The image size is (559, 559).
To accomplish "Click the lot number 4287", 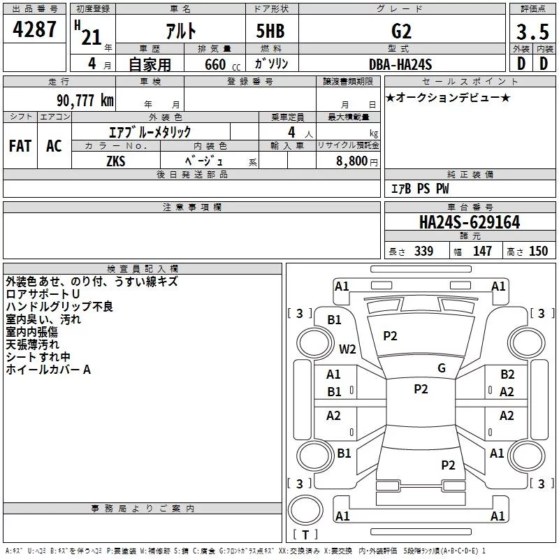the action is tap(34, 30).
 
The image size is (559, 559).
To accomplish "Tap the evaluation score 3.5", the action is tap(531, 31).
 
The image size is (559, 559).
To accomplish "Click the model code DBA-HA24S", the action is tap(400, 64).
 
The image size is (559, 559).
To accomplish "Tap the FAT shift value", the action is tap(20, 145).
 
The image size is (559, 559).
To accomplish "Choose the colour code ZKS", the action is tap(116, 160).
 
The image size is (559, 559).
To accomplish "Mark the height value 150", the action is tap(538, 252).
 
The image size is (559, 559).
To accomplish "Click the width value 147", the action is tap(482, 252).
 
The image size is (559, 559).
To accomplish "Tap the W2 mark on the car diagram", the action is tap(347, 349).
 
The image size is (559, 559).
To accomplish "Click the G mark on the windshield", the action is tap(442, 368).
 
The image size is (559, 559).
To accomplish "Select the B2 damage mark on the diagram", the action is tap(507, 375).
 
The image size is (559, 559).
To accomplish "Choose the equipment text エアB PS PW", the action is tap(419, 189).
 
